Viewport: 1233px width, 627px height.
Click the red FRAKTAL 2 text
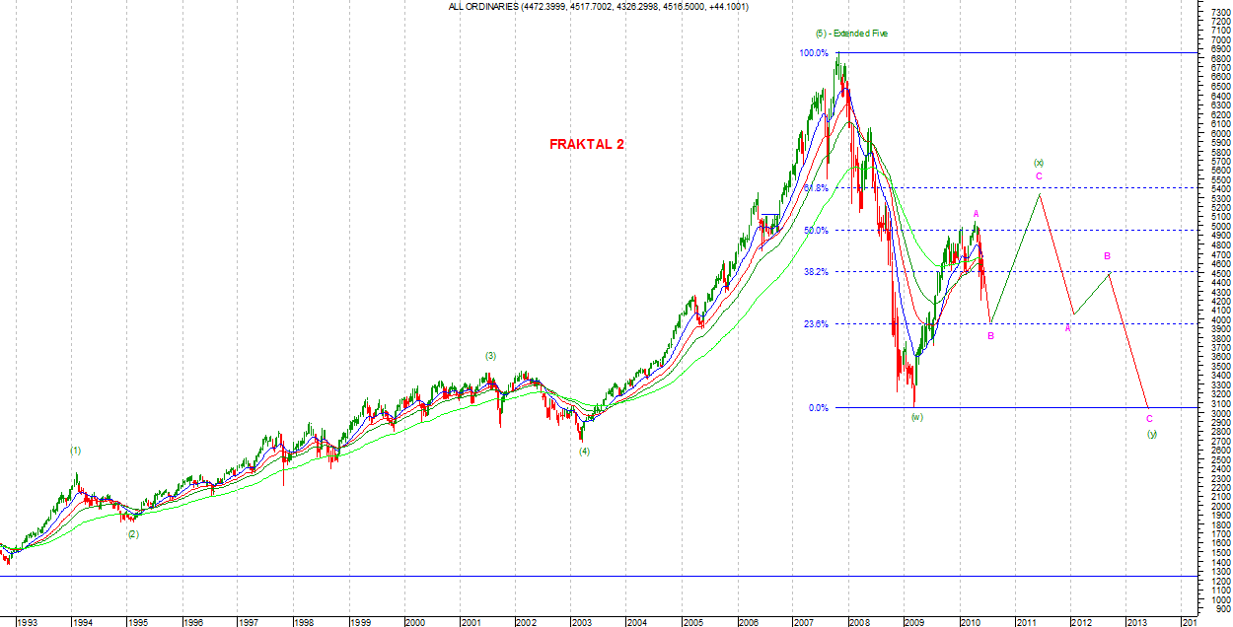click(x=586, y=144)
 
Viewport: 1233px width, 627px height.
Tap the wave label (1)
click(x=75, y=450)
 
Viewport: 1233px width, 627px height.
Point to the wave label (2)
click(x=132, y=533)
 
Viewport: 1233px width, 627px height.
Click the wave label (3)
click(x=489, y=355)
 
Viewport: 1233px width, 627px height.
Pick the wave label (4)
click(x=584, y=452)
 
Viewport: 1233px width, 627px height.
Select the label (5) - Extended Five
click(x=851, y=33)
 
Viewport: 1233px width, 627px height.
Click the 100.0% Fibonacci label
click(x=814, y=52)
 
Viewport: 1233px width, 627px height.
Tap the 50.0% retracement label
click(x=816, y=231)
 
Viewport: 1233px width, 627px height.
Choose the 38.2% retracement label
click(x=816, y=272)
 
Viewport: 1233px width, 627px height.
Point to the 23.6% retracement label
click(x=816, y=323)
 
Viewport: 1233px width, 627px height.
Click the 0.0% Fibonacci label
click(x=818, y=407)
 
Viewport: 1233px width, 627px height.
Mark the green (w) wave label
click(x=916, y=417)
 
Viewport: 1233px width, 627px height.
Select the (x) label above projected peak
click(x=1038, y=162)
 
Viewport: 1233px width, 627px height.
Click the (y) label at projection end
click(x=1151, y=434)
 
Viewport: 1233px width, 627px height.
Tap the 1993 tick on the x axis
click(x=27, y=622)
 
